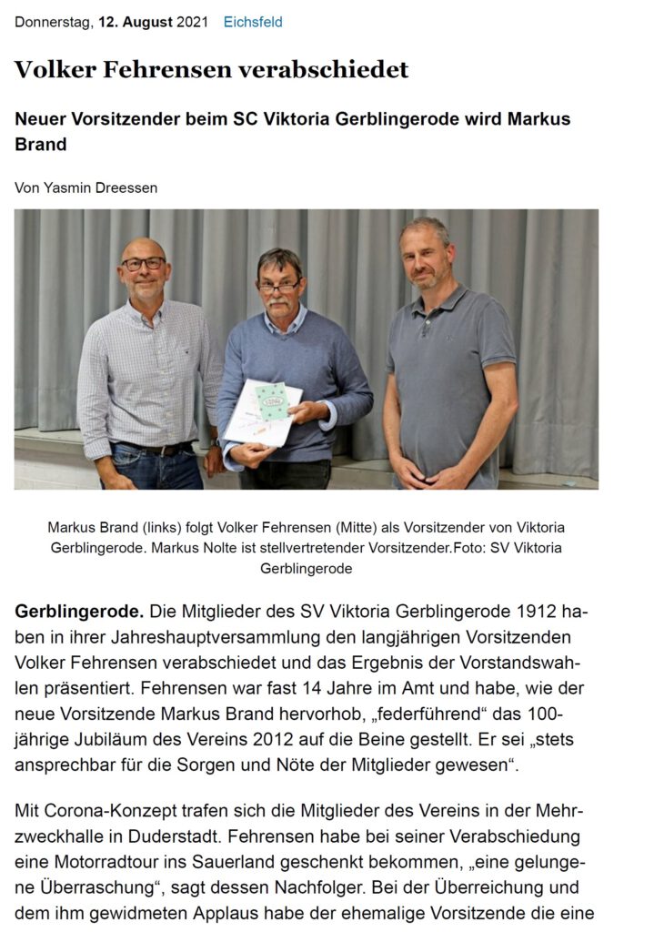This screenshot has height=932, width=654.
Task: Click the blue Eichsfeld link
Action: pos(253,22)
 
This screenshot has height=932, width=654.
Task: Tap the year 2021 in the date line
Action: pos(191,22)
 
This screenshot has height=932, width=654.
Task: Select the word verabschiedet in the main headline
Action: pos(337,70)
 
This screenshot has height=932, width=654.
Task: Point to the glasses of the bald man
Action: pos(144,264)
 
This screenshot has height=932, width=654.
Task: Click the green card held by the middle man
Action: pos(270,400)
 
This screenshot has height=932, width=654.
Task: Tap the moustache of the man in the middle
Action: pos(278,297)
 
